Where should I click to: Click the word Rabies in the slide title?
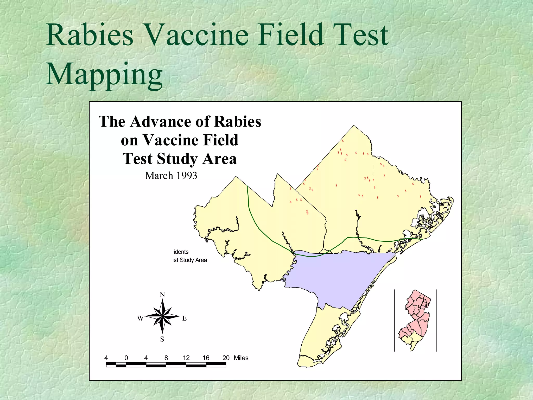pos(89,35)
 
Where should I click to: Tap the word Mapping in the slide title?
pos(104,74)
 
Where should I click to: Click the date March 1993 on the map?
pos(171,176)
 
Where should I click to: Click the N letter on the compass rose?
pos(162,295)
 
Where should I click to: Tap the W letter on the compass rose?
pos(140,318)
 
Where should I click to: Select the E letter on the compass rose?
pos(185,318)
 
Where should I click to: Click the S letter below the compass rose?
pos(162,339)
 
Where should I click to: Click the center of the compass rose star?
pos(162,317)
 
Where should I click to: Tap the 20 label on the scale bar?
pos(226,358)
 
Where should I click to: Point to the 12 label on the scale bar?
pos(186,358)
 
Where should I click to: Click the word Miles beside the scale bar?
pos(241,358)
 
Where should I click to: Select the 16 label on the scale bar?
pos(206,358)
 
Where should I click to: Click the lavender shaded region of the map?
pos(338,276)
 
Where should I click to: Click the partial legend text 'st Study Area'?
pos(190,260)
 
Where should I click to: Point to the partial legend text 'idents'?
pos(181,252)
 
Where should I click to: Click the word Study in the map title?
pos(177,159)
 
